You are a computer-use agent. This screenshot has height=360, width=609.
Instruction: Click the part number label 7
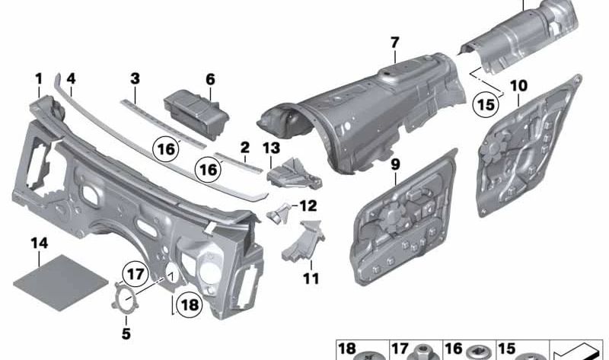point(394,43)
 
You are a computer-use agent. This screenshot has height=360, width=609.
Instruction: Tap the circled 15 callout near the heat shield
point(486,104)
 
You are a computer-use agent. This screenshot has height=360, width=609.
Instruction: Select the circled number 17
point(136,275)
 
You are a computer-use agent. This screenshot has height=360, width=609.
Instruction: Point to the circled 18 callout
point(189,305)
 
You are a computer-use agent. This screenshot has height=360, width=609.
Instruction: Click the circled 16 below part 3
point(167,149)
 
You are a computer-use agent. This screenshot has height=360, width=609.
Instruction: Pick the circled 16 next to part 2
point(208,170)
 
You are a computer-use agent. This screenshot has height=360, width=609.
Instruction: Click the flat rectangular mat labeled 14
point(61,282)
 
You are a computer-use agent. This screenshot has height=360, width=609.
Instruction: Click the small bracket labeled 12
point(279,213)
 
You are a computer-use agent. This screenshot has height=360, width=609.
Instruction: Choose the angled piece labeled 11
point(303,241)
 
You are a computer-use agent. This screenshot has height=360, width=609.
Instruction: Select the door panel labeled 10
point(528,145)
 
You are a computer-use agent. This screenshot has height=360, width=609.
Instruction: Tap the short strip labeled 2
point(239,162)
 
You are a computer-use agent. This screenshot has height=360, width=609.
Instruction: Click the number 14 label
point(40,244)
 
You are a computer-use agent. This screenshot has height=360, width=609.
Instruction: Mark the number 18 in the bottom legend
point(347,349)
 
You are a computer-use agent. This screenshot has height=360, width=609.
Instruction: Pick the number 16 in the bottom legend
point(454,349)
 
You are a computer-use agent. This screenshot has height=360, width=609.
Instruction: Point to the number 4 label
point(71,79)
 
